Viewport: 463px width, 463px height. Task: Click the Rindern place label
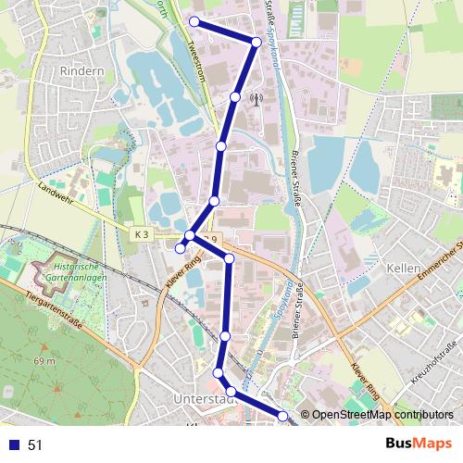click(x=80, y=70)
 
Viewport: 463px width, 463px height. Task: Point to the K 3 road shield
click(x=140, y=235)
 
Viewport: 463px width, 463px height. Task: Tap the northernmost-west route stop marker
click(x=194, y=21)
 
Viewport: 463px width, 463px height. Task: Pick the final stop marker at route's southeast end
click(x=283, y=418)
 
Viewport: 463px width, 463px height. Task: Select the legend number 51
click(x=36, y=445)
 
